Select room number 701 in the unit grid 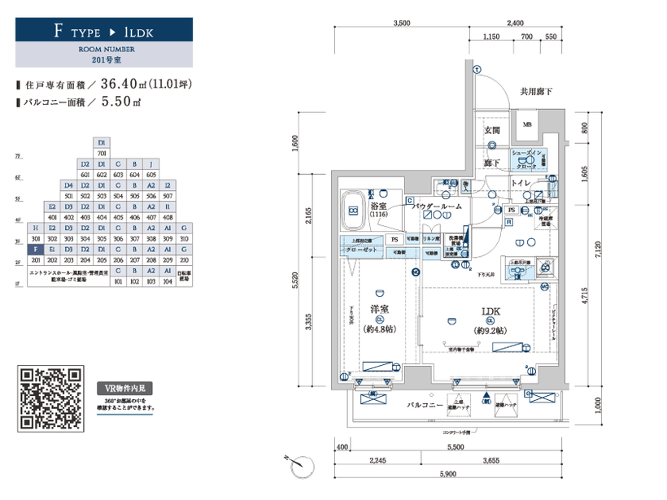(x=102, y=153)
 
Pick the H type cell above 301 (x=35, y=228)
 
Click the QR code (x=50, y=399)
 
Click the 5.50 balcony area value (x=114, y=102)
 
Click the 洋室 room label (x=379, y=309)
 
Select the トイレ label (x=521, y=185)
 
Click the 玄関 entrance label (x=492, y=131)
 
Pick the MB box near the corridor (x=526, y=124)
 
